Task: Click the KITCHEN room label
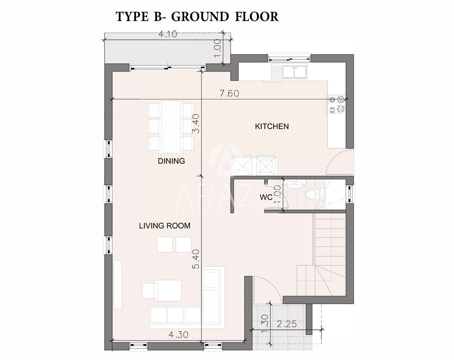click(x=271, y=126)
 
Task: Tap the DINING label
click(x=171, y=161)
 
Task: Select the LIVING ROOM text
click(x=164, y=226)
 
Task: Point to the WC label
click(x=266, y=197)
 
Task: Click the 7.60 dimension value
click(x=229, y=93)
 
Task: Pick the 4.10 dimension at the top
click(x=168, y=34)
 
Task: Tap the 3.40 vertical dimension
click(x=196, y=123)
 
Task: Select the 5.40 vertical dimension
click(x=196, y=259)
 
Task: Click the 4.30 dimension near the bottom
click(x=178, y=335)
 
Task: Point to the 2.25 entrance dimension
click(x=287, y=324)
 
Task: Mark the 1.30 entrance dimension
click(x=264, y=324)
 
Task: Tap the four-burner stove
click(x=337, y=104)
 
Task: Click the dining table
click(x=171, y=127)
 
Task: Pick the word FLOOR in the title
click(x=257, y=17)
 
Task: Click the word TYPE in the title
click(x=132, y=17)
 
